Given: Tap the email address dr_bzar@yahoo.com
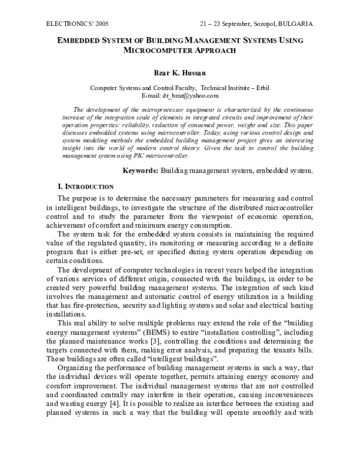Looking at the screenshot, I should [190, 95].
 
